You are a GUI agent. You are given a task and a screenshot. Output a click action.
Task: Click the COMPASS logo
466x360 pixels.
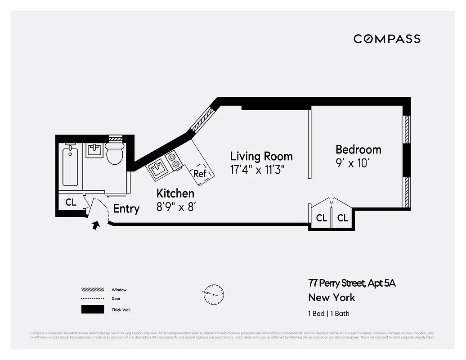[387, 39]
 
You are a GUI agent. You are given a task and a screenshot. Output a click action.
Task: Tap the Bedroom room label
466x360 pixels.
[358, 149]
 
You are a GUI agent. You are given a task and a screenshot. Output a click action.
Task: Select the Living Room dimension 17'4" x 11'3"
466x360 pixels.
[257, 170]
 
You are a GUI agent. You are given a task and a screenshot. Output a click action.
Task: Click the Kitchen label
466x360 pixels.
[175, 193]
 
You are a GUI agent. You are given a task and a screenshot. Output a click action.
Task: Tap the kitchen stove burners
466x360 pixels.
[174, 161]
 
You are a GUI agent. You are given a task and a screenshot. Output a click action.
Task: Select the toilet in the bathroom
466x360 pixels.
[115, 154]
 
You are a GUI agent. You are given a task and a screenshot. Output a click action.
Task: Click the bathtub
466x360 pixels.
[70, 166]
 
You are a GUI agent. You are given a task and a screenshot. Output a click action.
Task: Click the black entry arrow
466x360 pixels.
[96, 225]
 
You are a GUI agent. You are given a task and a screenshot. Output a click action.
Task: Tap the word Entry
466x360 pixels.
[126, 209]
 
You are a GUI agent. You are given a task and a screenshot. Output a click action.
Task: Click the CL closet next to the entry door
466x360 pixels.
[71, 202]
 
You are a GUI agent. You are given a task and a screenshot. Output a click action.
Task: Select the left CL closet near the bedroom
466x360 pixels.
[321, 218]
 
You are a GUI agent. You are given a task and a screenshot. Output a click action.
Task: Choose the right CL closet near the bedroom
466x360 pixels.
[343, 218]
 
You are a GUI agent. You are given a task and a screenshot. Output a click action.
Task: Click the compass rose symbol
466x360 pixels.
[213, 293]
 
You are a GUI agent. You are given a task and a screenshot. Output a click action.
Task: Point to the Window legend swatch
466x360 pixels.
[92, 290]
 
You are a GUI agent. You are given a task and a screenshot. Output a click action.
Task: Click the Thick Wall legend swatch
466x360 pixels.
[92, 310]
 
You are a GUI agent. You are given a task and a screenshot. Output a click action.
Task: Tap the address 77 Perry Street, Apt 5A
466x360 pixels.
[352, 283]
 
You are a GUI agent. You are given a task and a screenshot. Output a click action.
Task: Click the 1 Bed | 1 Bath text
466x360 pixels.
[328, 314]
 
